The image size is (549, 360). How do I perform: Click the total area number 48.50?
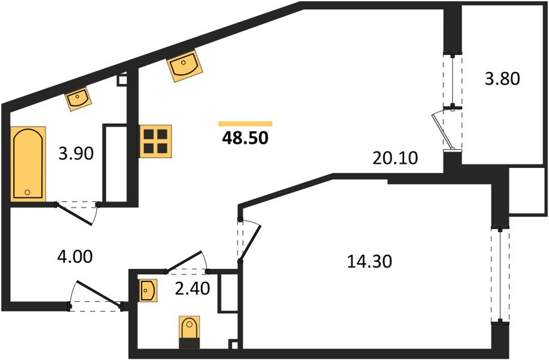(245, 139)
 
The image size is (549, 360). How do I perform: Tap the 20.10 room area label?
(395, 158)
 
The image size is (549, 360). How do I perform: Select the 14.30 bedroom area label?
(370, 262)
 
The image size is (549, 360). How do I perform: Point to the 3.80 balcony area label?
(502, 79)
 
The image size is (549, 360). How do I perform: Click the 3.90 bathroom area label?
(76, 154)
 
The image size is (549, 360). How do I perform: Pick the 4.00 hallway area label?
(75, 256)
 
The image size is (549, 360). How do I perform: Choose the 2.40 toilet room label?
(192, 289)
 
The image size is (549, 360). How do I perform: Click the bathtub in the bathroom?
(28, 164)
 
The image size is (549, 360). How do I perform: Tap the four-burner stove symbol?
(155, 141)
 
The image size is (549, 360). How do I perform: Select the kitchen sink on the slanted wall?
(185, 65)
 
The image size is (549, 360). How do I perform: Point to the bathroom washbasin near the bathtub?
(78, 98)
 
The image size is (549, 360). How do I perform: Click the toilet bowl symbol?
(189, 332)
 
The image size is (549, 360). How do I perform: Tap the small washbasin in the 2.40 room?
(148, 290)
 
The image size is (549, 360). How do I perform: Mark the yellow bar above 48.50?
(245, 124)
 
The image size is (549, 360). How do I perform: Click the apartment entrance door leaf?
(99, 293)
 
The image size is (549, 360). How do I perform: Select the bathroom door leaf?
(74, 214)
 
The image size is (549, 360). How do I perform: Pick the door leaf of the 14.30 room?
(250, 243)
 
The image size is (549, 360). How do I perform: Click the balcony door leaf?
(440, 131)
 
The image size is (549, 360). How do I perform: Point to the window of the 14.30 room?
(500, 275)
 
